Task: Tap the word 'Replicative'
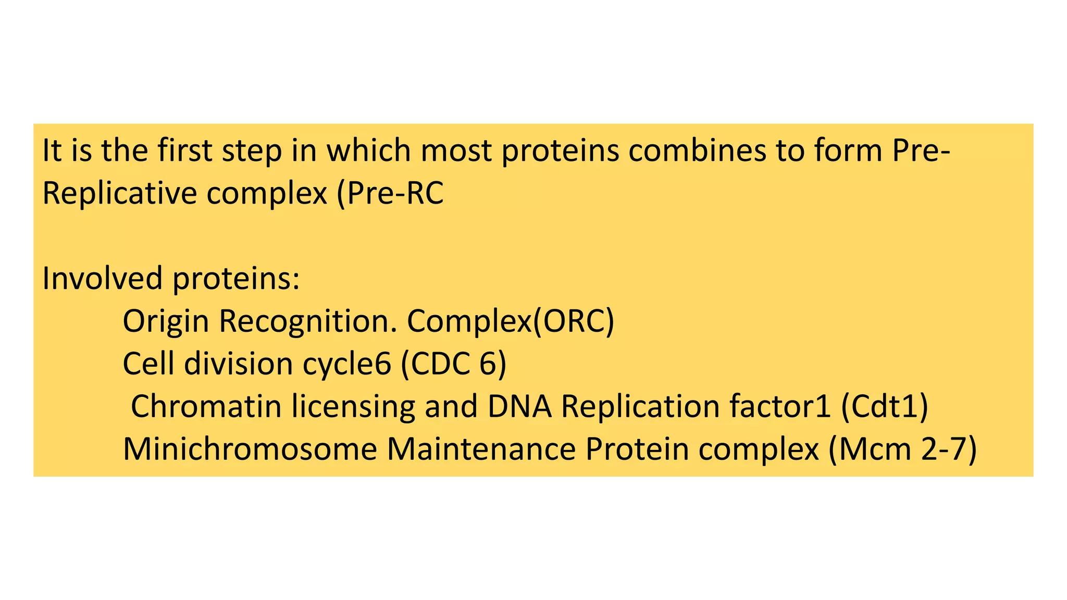[119, 193]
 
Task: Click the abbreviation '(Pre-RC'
[390, 193]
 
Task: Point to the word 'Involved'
[102, 278]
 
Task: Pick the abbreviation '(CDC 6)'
[454, 364]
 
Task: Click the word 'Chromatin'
[206, 406]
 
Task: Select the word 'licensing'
[353, 406]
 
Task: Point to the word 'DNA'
[519, 406]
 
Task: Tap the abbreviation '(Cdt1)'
[884, 406]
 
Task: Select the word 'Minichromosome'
[250, 449]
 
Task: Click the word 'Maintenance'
[481, 449]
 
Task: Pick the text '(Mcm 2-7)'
[902, 449]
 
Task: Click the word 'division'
[238, 364]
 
